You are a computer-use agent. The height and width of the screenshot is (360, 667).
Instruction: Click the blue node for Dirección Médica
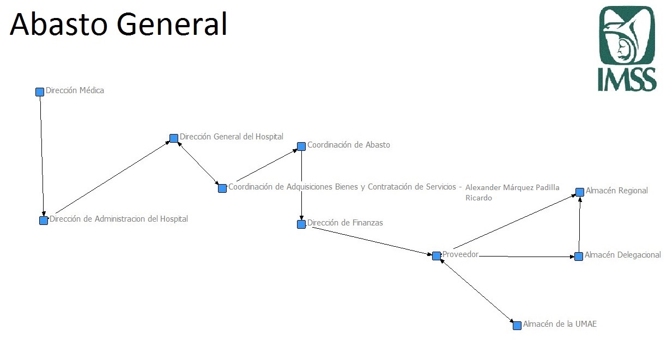40,92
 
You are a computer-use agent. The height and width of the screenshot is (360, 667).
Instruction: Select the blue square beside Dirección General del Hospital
174,138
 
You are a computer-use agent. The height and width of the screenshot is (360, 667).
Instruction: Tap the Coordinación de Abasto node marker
301,147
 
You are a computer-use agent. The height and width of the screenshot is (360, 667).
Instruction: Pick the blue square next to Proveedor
436,256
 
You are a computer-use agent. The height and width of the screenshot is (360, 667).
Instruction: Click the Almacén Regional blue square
580,192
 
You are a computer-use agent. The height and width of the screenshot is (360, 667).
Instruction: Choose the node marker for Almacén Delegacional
579,257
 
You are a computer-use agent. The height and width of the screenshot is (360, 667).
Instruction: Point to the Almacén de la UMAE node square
517,326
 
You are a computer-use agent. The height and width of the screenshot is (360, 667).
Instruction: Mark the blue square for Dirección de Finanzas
301,224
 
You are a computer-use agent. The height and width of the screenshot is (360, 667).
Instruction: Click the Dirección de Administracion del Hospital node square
44,221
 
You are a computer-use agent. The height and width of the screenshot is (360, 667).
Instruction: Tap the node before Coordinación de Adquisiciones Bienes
222,188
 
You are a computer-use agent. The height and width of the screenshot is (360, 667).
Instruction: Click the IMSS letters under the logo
627,80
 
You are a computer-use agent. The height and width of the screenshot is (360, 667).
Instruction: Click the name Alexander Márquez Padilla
512,187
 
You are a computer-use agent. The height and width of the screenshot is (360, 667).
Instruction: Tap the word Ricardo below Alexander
478,198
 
